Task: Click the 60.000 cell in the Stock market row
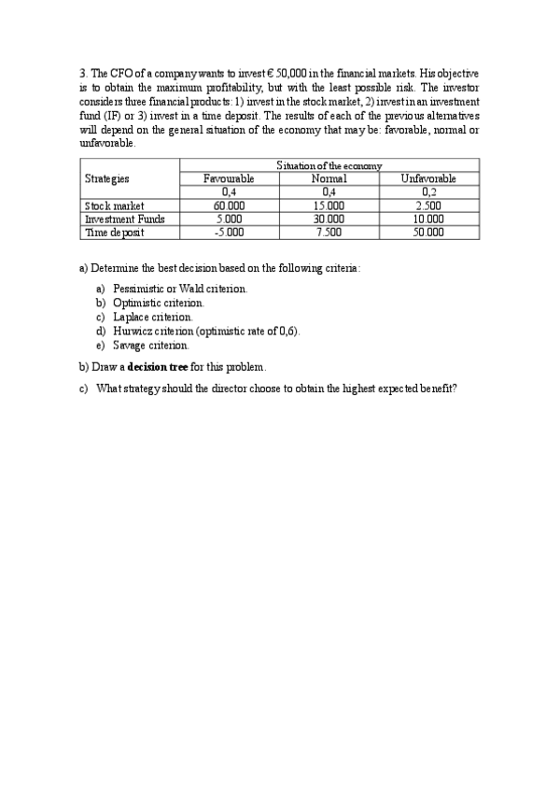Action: coord(229,206)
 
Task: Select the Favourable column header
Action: coord(229,178)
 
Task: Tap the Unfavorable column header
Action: coord(428,178)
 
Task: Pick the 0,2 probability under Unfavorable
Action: coord(428,192)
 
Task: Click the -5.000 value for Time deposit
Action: coord(229,233)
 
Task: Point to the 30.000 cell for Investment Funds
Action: coord(329,219)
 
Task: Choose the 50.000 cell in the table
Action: coord(428,233)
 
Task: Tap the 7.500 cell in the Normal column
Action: coord(329,233)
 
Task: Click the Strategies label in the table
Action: coord(107,178)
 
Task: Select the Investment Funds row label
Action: coord(119,219)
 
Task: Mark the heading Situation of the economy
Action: coord(329,165)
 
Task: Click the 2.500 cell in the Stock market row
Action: coord(428,206)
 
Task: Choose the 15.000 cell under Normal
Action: coord(329,206)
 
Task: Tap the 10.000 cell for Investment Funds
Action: coord(428,219)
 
